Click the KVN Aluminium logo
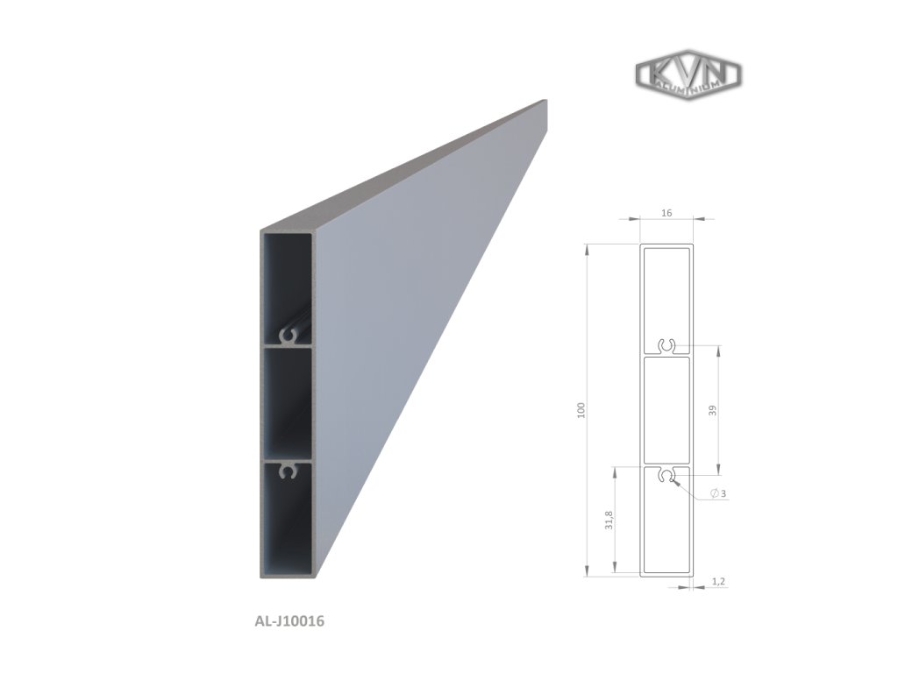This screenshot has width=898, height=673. coord(688,74)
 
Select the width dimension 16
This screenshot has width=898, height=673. coord(667,213)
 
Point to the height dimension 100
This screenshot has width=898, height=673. coord(580,410)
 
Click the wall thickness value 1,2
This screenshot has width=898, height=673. coord(716,581)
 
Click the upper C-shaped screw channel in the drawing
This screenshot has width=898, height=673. coord(667,348)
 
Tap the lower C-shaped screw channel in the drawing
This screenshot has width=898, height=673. coord(667,475)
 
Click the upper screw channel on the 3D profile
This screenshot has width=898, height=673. coord(289,336)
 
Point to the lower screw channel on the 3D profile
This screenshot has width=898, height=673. coord(287,472)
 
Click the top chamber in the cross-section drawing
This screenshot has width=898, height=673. coord(667,294)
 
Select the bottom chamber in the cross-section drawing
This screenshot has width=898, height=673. coord(667,530)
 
